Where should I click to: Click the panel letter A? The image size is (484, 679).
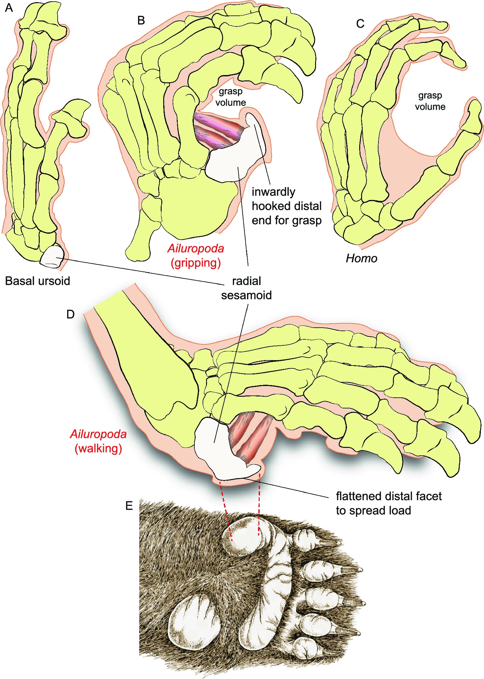pos(9,8)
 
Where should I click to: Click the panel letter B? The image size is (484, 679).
pos(141,20)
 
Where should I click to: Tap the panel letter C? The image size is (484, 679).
pos(360,24)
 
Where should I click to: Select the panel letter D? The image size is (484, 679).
pos(70,314)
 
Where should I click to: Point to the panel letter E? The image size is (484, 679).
pos(129,506)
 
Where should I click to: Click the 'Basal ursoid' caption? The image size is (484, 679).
pos(37,281)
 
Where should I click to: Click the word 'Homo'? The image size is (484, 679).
pos(361,259)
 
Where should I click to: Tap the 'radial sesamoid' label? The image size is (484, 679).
pos(246,288)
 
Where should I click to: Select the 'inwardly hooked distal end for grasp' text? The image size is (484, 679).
pos(286,206)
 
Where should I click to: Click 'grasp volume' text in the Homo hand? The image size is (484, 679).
pos(430,101)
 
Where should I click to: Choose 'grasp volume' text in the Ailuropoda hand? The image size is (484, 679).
pos(231,97)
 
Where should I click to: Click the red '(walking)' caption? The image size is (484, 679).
pos(98,448)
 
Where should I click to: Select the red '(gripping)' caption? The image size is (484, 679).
pos(195,263)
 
